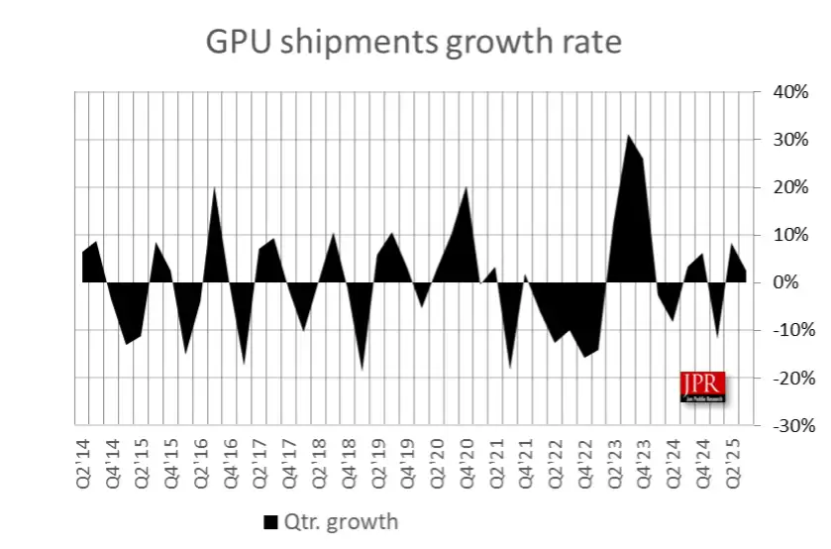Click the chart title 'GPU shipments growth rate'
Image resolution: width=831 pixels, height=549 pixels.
click(414, 43)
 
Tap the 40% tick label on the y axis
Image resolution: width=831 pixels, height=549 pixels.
click(791, 92)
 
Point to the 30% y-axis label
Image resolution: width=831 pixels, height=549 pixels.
click(791, 140)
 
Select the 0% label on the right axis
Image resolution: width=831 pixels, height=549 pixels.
click(795, 282)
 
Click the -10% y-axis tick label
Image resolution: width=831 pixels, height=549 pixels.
click(788, 330)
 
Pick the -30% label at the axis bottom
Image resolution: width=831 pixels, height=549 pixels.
click(788, 425)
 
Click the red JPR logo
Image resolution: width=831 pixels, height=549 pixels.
click(702, 386)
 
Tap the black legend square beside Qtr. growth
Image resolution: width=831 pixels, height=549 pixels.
click(270, 521)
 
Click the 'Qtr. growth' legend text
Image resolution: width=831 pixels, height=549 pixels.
click(341, 521)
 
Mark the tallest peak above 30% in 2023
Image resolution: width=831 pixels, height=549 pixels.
click(628, 136)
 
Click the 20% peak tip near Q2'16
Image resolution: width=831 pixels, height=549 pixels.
click(215, 188)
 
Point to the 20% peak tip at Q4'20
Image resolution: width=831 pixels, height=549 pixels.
click(466, 187)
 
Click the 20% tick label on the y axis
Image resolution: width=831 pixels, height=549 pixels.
click(791, 187)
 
